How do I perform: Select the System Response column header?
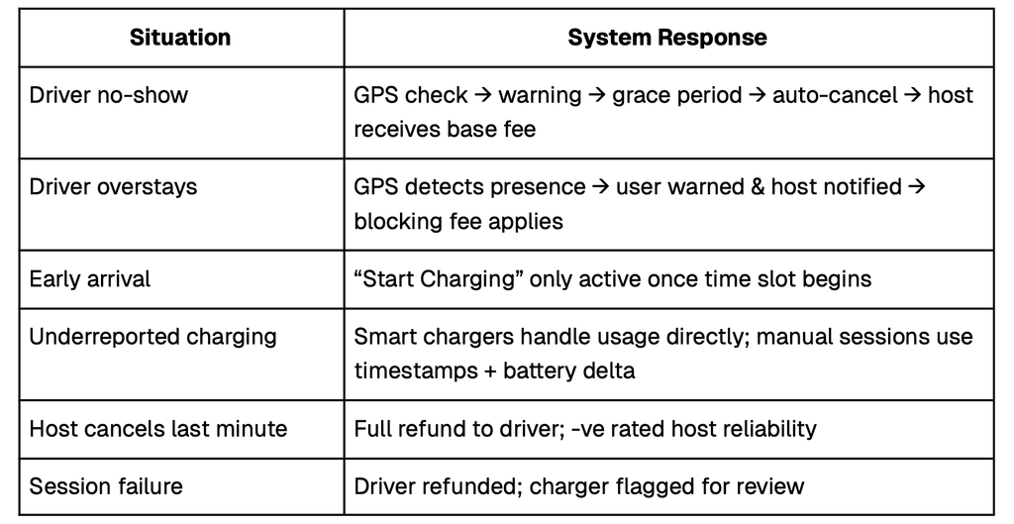pyautogui.click(x=666, y=39)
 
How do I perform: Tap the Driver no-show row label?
pyautogui.click(x=108, y=95)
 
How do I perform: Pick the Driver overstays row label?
pyautogui.click(x=113, y=186)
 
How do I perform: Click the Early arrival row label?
pyautogui.click(x=90, y=278)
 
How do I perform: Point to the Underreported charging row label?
pyautogui.click(x=152, y=336)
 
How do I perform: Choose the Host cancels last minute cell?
pyautogui.click(x=157, y=429)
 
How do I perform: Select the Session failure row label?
pyautogui.click(x=106, y=486)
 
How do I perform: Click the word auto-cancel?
pyautogui.click(x=834, y=95)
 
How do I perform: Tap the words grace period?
pyautogui.click(x=677, y=95)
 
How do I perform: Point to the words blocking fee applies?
pyautogui.click(x=458, y=220)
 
